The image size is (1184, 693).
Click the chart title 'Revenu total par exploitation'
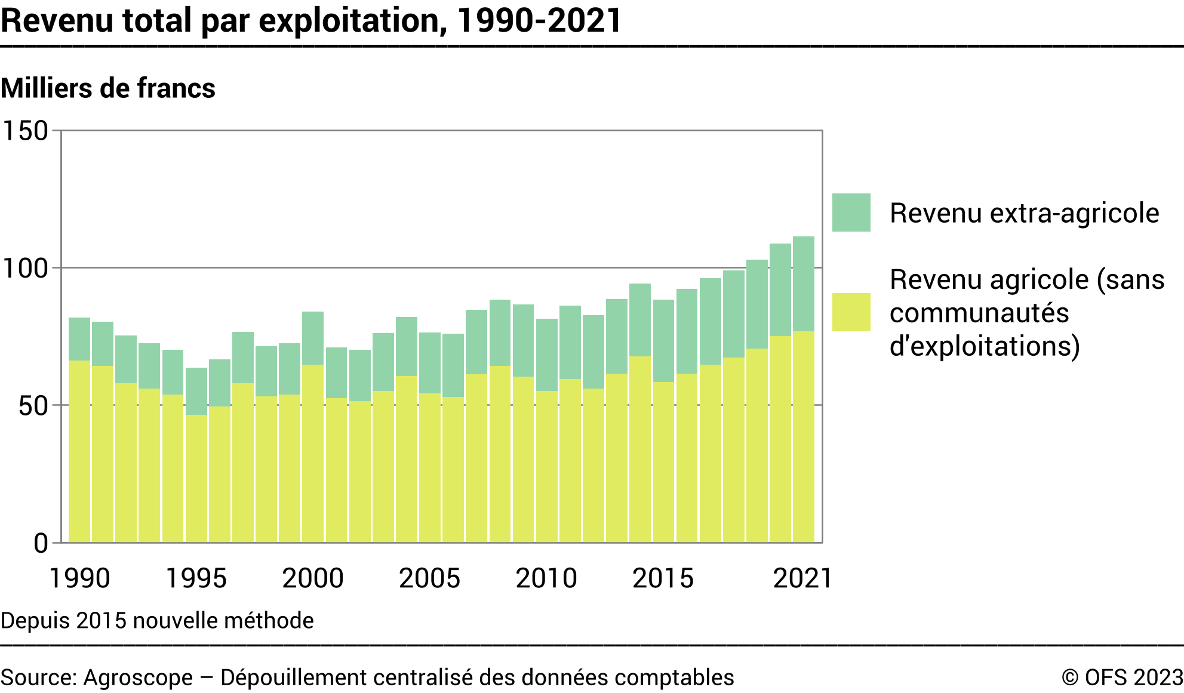310,20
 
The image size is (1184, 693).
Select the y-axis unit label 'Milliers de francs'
108,88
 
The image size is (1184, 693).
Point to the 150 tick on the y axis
26,131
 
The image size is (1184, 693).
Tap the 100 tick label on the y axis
26,268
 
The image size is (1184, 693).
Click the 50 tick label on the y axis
33,406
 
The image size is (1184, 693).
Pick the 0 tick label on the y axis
41,543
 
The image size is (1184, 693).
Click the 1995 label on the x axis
196,578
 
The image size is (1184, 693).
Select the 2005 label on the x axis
429,578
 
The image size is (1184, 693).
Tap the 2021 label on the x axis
802,578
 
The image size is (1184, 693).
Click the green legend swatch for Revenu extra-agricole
851,212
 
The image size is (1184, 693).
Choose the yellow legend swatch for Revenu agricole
851,312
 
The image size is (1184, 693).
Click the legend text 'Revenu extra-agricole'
1024,213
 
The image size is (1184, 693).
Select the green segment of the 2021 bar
804,284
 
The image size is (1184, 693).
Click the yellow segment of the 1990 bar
79,451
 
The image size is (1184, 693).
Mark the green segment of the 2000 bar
313,338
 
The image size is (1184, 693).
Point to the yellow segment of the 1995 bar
196,478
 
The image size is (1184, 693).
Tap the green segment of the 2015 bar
663,340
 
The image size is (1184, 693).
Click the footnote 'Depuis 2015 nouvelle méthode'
157,621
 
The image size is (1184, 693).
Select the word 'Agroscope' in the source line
138,677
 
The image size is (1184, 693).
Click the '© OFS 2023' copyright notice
1122,677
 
